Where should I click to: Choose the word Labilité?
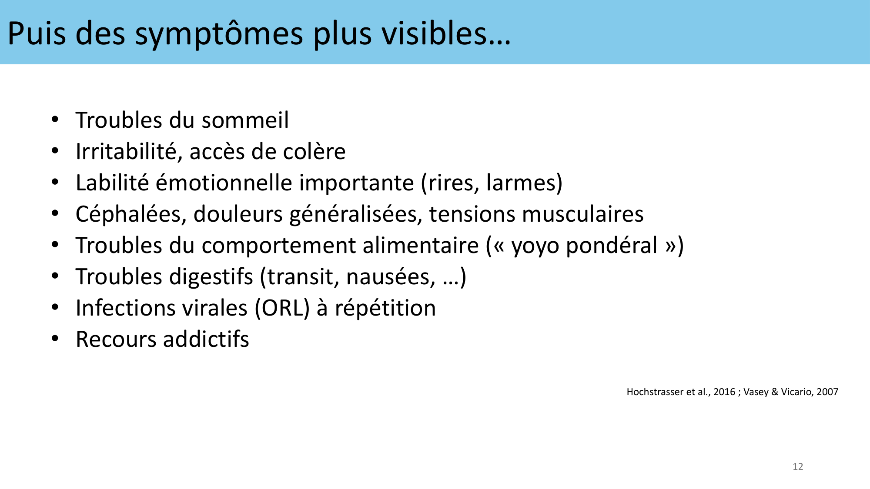[x=112, y=183]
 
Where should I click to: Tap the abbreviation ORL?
[x=282, y=308]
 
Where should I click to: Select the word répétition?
[x=385, y=309]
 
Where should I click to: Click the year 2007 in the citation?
[x=827, y=392]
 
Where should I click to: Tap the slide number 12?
[x=798, y=466]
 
